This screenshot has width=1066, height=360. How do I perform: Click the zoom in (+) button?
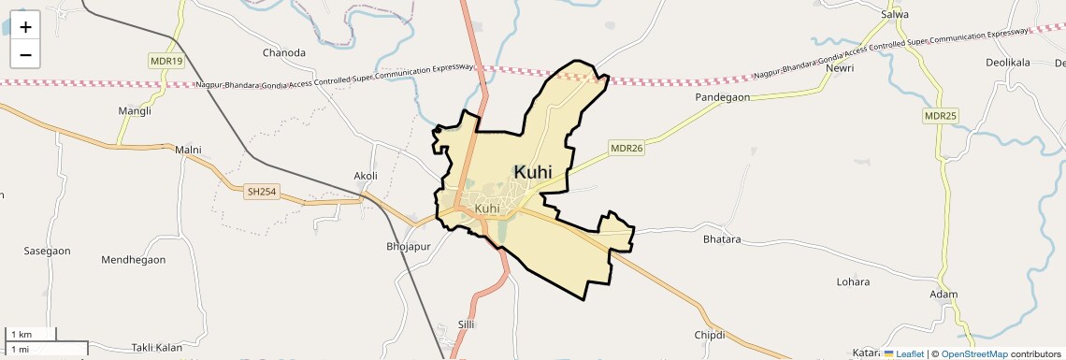pos(25,27)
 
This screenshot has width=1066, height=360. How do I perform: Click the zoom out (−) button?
pos(25,54)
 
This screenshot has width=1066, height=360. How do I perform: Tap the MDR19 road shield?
pos(166,61)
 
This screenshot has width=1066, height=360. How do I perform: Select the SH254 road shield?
pos(262,192)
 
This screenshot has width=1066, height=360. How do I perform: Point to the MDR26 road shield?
pos(627,148)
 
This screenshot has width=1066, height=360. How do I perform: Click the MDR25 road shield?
pos(941,115)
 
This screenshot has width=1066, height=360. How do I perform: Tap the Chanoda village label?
pos(284,52)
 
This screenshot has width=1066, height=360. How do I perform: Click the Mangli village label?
pos(135,111)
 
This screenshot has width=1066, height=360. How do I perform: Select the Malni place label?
pos(188,150)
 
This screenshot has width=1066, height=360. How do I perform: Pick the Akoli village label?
pos(366,176)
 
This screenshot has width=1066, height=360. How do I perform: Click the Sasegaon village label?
pos(47,252)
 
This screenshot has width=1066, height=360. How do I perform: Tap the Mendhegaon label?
pos(133,259)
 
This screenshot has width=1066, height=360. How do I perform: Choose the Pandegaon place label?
pos(722,97)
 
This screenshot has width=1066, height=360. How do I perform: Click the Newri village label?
pos(840,68)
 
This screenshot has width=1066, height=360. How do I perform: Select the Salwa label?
pos(896,15)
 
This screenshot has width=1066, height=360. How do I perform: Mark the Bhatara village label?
pos(722,239)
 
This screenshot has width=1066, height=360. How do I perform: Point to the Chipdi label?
pos(710,335)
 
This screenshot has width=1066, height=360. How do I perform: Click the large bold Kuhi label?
pos(533,171)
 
